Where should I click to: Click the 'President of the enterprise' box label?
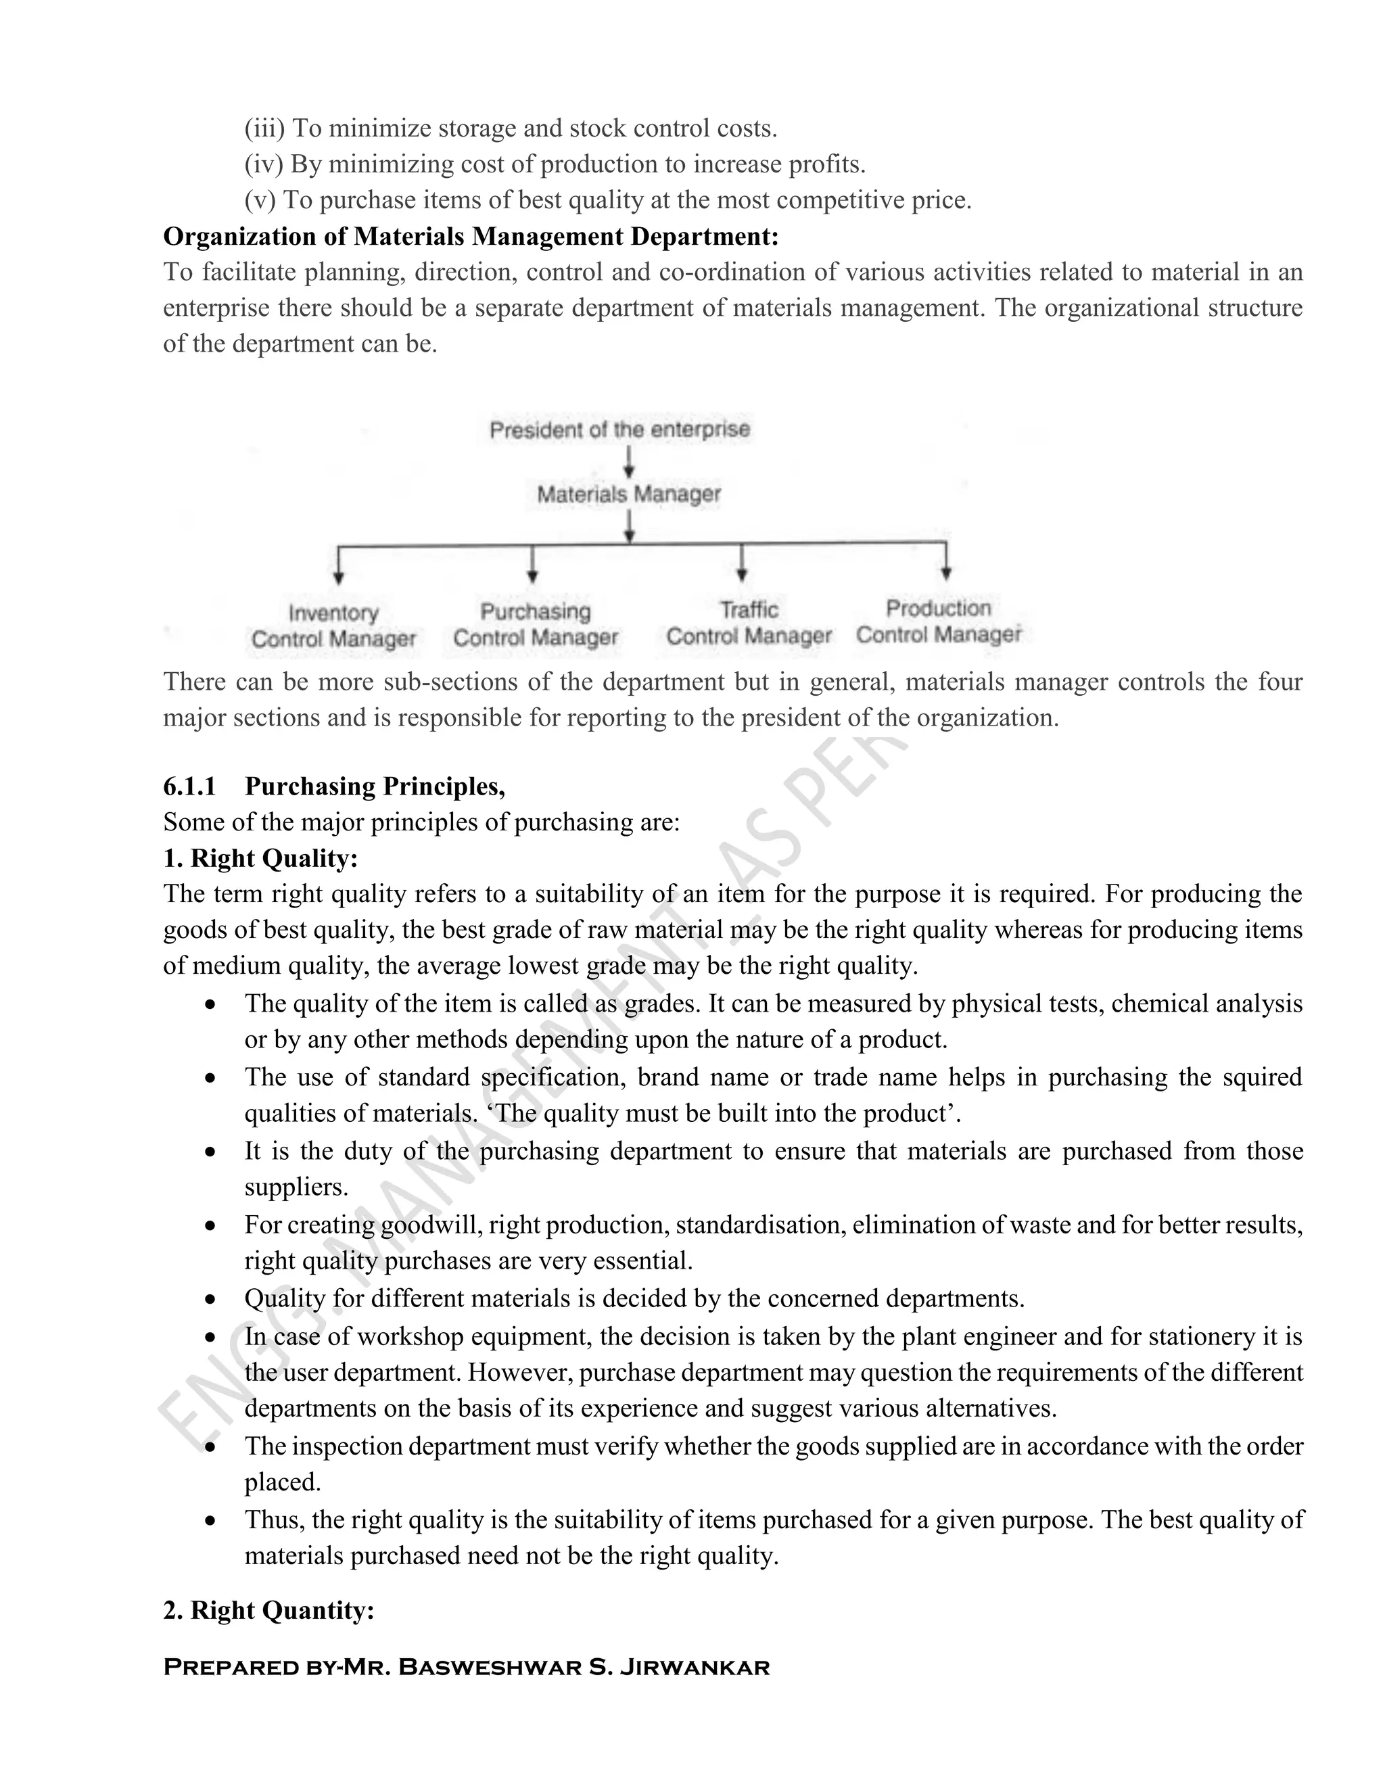619,429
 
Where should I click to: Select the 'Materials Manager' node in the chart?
628,494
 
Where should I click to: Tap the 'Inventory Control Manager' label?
333,626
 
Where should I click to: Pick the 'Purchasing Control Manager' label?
535,624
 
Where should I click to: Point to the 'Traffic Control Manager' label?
749,623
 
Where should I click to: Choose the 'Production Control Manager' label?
939,621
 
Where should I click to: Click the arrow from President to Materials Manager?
628,461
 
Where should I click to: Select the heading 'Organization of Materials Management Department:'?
471,236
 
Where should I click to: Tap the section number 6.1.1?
189,786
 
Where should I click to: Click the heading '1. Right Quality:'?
260,858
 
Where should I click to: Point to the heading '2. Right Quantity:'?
268,1611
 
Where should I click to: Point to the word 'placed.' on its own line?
282,1482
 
